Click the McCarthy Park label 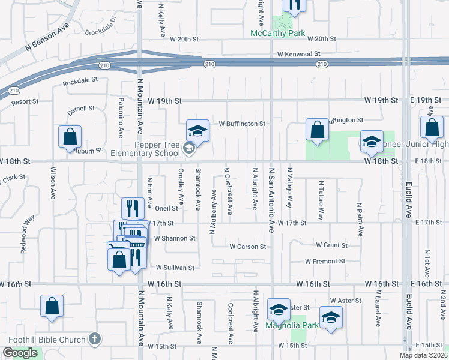coord(278,34)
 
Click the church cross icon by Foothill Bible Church coord(94,340)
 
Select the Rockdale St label coord(80,82)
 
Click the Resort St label coord(25,103)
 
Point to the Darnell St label coord(81,109)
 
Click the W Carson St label coord(248,247)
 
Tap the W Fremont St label coord(325,261)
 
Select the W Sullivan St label coord(175,268)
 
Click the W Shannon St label coord(175,238)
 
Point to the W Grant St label coord(332,245)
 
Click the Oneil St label coord(167,208)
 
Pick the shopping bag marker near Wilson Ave coord(70,136)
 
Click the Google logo coord(20,353)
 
